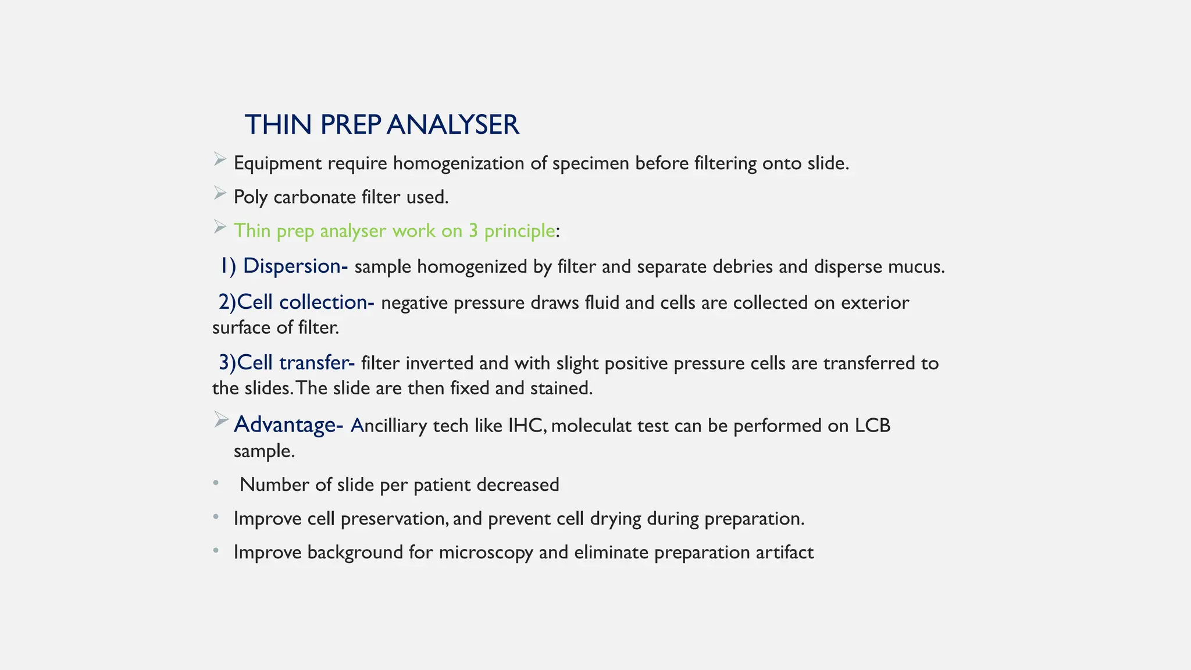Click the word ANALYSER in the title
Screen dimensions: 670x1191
pyautogui.click(x=452, y=125)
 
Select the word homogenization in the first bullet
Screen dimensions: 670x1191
pyautogui.click(x=458, y=163)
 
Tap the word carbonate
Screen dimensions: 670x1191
pyautogui.click(x=314, y=197)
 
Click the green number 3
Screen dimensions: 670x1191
pyautogui.click(x=473, y=231)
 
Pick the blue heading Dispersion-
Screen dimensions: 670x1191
pyautogui.click(x=295, y=266)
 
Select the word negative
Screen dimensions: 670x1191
pyautogui.click(x=414, y=303)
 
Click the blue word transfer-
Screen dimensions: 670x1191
pyautogui.click(x=317, y=363)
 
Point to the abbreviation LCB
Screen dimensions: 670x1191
pyautogui.click(x=872, y=426)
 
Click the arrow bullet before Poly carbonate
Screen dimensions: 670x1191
pyautogui.click(x=219, y=193)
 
